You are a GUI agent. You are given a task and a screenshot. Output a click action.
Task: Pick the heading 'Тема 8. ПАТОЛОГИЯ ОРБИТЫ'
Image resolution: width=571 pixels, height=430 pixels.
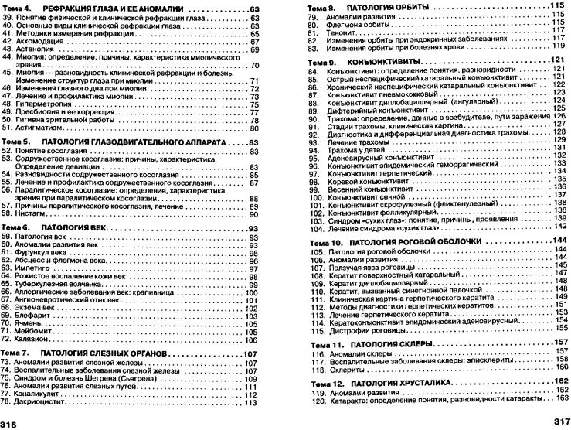point(362,6)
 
